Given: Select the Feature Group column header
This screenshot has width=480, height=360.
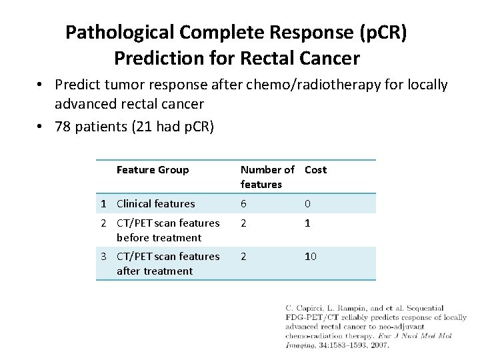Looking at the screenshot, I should (153, 169).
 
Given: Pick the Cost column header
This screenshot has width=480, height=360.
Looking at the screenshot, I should (315, 169).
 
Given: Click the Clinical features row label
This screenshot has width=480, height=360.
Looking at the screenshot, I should (155, 203).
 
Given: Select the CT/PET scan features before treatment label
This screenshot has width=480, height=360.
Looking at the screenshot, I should (167, 230).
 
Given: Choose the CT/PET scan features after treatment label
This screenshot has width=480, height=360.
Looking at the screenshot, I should (167, 263).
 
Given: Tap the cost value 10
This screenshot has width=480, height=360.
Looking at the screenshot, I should (311, 257).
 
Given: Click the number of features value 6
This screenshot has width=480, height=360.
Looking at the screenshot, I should (243, 203).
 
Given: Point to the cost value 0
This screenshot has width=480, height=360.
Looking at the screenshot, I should (308, 203).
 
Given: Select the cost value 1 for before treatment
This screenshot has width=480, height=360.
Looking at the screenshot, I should (308, 223).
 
